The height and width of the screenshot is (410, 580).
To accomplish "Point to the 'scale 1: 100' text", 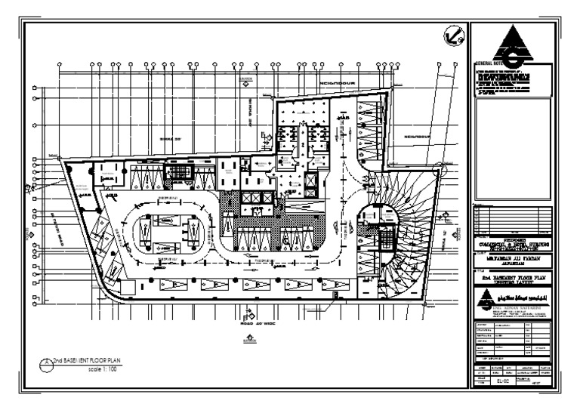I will point(101,371).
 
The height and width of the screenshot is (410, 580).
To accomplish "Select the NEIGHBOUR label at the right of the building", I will point(416,137).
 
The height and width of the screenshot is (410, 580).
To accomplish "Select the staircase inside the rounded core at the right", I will point(387,236).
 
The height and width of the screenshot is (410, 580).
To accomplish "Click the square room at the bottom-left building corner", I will point(128,288).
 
